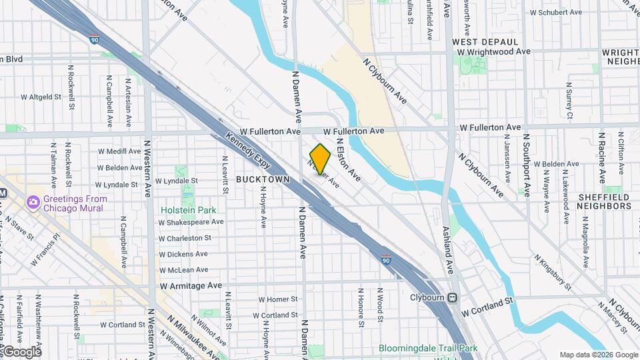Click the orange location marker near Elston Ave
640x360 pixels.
320,159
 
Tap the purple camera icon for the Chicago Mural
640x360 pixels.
33,202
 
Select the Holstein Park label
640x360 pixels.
189,209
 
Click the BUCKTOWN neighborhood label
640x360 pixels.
263,179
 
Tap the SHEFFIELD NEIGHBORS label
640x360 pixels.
604,201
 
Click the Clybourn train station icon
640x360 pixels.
453,297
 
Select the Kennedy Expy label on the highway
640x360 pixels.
248,148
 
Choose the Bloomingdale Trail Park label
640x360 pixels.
428,348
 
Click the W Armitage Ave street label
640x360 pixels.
191,285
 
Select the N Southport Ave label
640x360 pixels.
526,165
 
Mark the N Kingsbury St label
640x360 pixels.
553,271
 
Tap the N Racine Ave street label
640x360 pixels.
600,160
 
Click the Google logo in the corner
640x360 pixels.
21,351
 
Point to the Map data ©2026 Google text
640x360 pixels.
598,355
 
